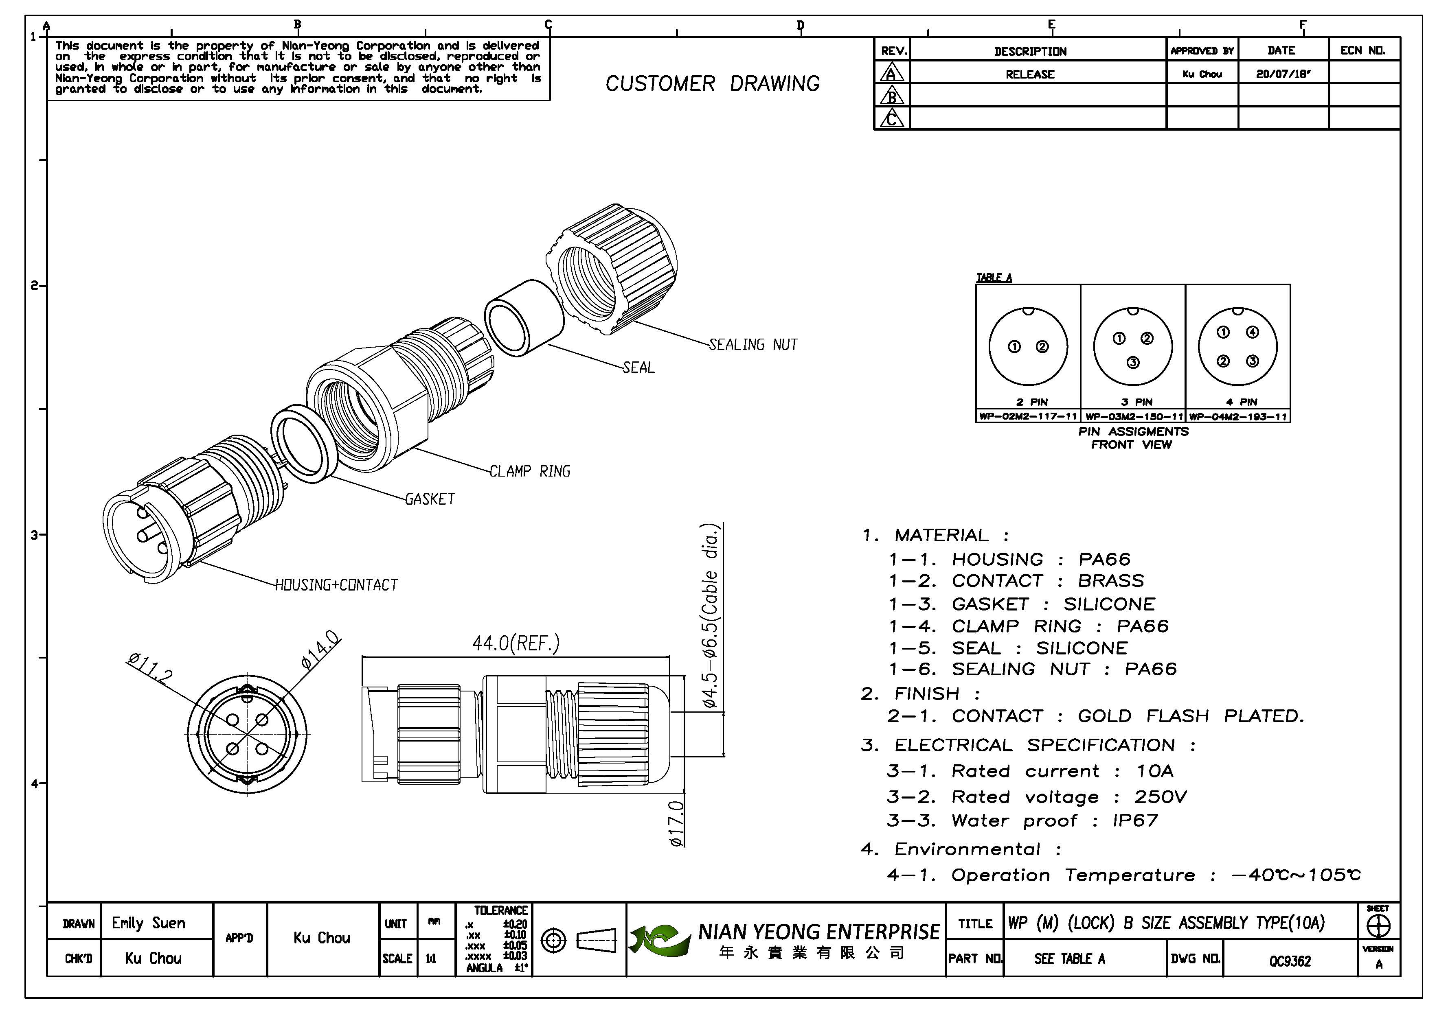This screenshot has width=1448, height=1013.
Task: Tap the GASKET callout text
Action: pyautogui.click(x=430, y=499)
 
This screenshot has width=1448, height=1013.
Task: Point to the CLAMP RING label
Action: pyautogui.click(x=530, y=472)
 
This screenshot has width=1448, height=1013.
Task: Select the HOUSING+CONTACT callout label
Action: pyautogui.click(x=336, y=585)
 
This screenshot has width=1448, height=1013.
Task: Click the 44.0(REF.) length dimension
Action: pyautogui.click(x=516, y=643)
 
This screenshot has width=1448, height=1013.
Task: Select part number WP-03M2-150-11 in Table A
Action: pyautogui.click(x=1133, y=417)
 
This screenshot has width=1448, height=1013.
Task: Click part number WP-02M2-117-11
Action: pyautogui.click(x=1028, y=417)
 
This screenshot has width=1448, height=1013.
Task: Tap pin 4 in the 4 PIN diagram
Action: pyautogui.click(x=1253, y=332)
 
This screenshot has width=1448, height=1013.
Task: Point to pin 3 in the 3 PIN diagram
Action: pyautogui.click(x=1133, y=363)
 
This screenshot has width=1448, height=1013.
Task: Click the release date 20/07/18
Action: pyautogui.click(x=1283, y=74)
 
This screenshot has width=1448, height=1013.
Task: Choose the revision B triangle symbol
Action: pyautogui.click(x=892, y=96)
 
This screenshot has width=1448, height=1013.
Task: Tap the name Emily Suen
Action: pyautogui.click(x=149, y=923)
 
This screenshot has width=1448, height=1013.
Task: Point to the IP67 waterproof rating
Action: pyautogui.click(x=1135, y=821)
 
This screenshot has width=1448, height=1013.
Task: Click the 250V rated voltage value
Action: pyautogui.click(x=1161, y=797)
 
